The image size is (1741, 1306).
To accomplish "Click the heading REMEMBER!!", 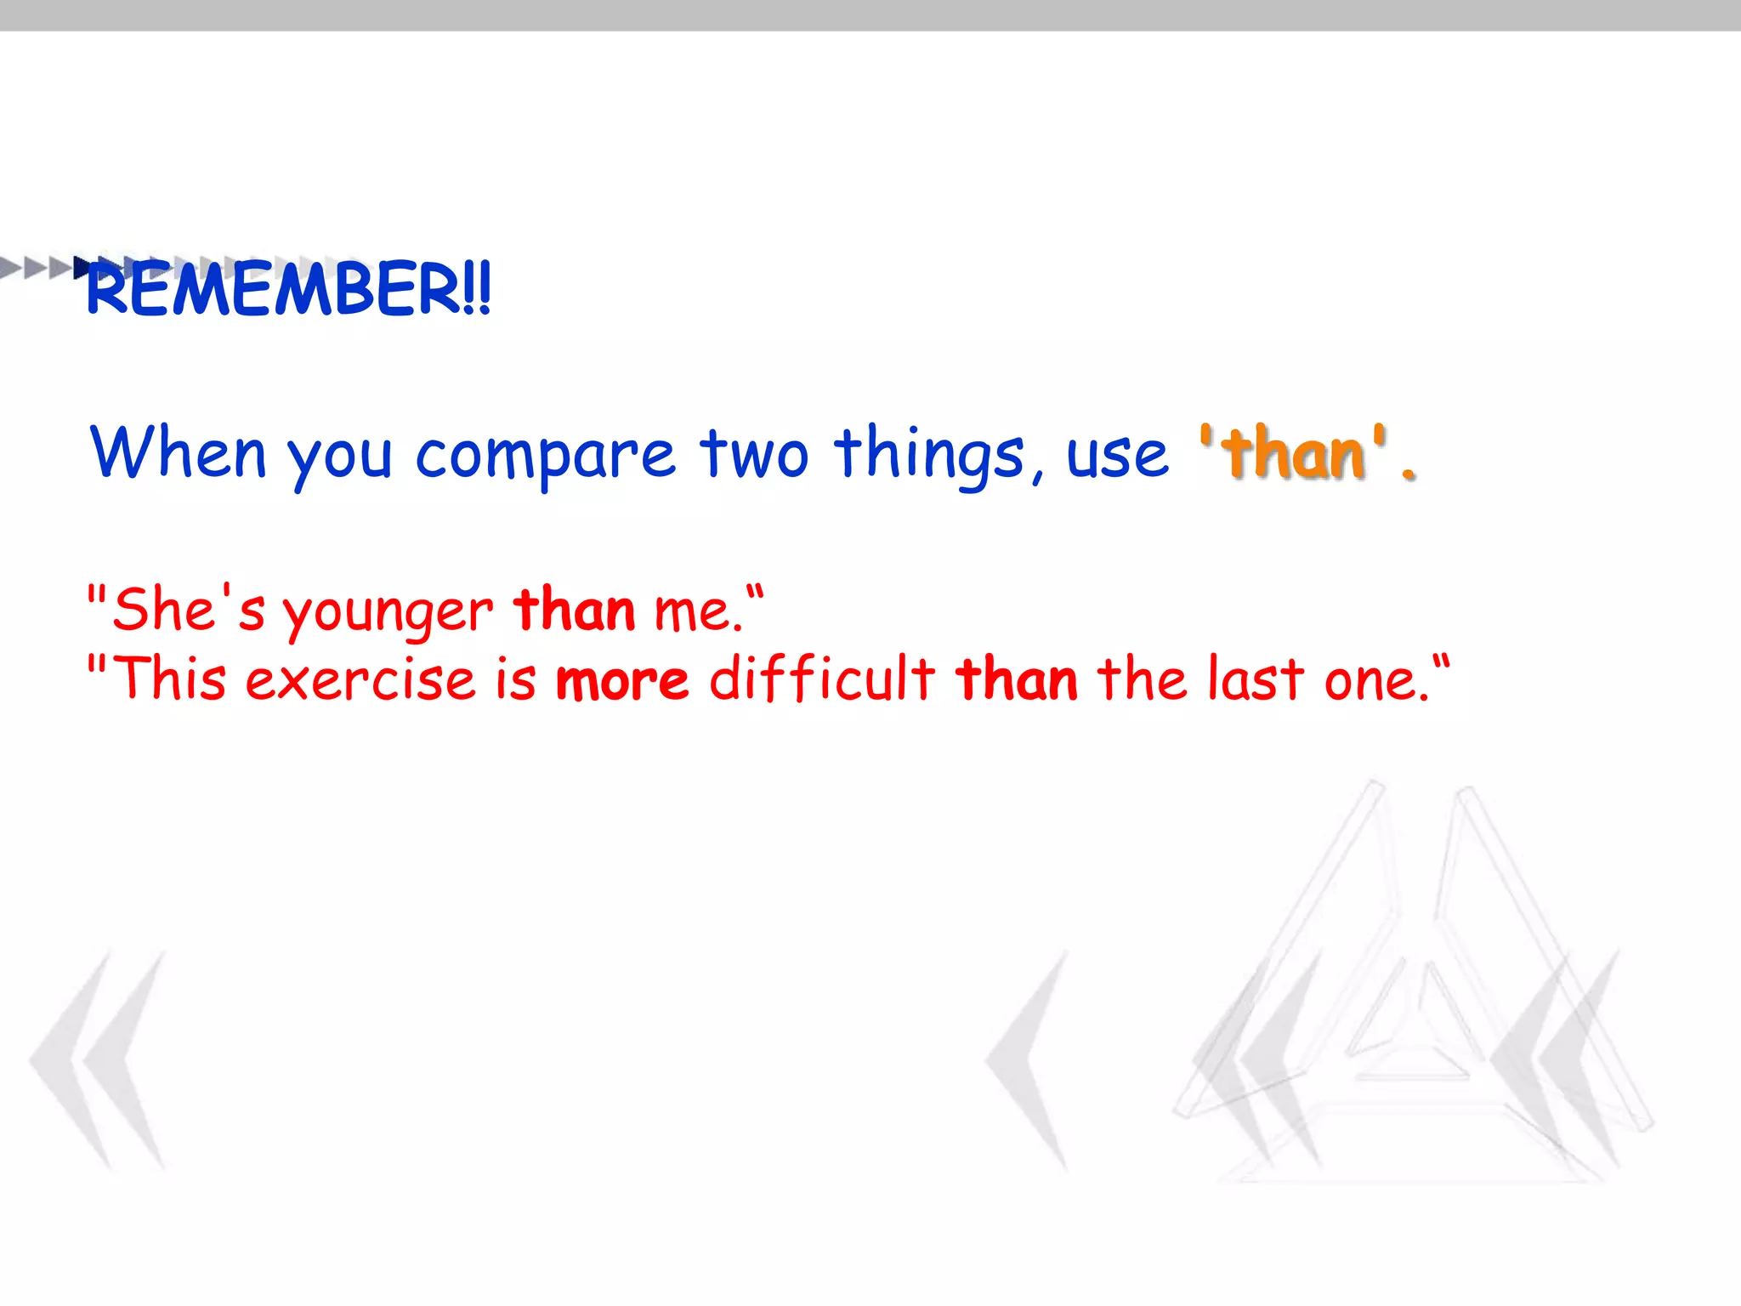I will [289, 289].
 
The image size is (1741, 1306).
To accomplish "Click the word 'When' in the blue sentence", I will [179, 452].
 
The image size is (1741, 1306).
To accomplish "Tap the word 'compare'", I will [545, 456].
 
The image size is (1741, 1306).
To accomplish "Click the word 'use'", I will [1117, 456].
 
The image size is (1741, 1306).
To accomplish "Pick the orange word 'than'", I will [1294, 452].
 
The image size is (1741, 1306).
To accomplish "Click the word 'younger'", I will [388, 612].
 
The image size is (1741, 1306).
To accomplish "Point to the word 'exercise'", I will [360, 680].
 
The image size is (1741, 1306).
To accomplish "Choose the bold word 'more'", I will [622, 680].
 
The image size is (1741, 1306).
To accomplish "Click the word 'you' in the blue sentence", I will [339, 457].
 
